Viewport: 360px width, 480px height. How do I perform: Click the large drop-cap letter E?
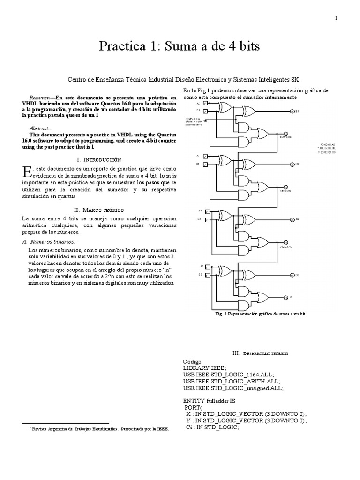click(x=27, y=172)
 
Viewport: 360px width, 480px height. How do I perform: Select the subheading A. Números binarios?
click(x=49, y=241)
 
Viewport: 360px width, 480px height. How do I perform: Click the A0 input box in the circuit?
click(x=205, y=103)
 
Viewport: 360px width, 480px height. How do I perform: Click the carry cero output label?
click(x=286, y=137)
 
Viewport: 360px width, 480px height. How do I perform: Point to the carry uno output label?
click(x=286, y=191)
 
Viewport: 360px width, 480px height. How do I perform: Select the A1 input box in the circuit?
click(x=205, y=156)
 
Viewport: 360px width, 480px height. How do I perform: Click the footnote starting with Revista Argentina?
click(x=97, y=428)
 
